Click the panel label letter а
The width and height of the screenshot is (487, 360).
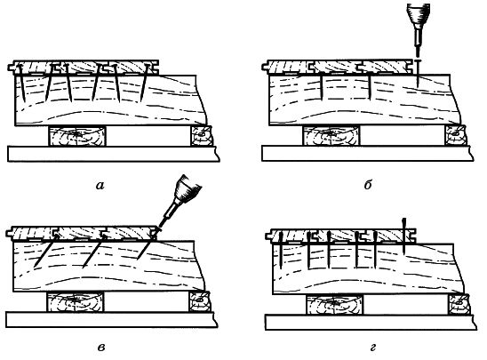click(x=100, y=186)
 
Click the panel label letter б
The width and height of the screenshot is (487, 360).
click(x=368, y=185)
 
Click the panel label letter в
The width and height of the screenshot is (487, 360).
click(x=101, y=347)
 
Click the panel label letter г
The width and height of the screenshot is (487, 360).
click(x=373, y=347)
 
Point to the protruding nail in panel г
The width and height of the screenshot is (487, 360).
click(x=403, y=236)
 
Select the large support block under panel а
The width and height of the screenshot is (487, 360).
click(x=77, y=136)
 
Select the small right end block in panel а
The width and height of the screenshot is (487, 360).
click(x=201, y=136)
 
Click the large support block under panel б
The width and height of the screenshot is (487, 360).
click(x=331, y=135)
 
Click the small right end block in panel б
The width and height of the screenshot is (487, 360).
click(x=456, y=134)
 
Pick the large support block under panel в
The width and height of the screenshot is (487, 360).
click(x=76, y=301)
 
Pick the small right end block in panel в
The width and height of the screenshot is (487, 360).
click(x=200, y=301)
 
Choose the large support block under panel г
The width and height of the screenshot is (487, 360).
click(x=335, y=304)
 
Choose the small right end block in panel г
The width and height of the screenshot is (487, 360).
click(x=459, y=304)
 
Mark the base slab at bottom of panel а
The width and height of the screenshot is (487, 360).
click(x=114, y=154)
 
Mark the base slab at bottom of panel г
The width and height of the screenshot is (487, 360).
click(x=371, y=322)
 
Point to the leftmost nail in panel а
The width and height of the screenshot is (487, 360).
click(x=21, y=83)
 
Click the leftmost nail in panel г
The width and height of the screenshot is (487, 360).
click(x=281, y=251)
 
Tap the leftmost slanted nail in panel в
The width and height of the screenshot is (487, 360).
click(x=45, y=251)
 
